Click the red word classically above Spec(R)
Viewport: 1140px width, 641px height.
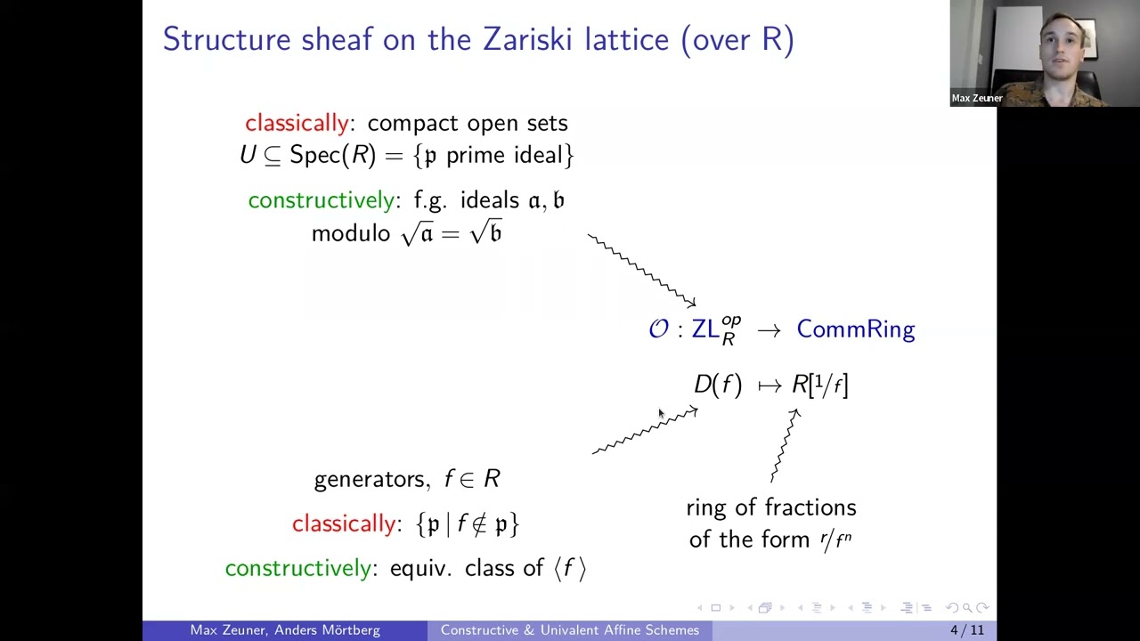(297, 123)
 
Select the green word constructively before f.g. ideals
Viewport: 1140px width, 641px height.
(322, 200)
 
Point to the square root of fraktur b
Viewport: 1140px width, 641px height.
(486, 233)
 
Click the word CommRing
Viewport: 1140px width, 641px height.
(855, 329)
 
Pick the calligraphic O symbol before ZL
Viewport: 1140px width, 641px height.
(658, 329)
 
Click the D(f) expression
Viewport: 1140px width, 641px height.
(717, 385)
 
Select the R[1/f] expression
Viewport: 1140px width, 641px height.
(820, 385)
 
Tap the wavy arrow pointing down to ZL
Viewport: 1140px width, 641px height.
(641, 271)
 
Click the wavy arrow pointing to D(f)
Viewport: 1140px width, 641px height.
(645, 432)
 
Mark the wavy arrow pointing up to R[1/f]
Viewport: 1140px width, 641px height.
(785, 445)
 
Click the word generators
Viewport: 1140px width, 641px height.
(369, 480)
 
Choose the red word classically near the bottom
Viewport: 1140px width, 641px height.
(344, 523)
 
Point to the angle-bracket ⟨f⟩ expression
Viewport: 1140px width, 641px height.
(570, 568)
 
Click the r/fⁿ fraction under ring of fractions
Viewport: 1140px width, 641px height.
(835, 540)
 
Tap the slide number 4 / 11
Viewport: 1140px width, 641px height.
(966, 630)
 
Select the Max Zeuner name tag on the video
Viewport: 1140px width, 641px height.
(977, 98)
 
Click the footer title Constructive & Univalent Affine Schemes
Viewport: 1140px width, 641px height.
(569, 630)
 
